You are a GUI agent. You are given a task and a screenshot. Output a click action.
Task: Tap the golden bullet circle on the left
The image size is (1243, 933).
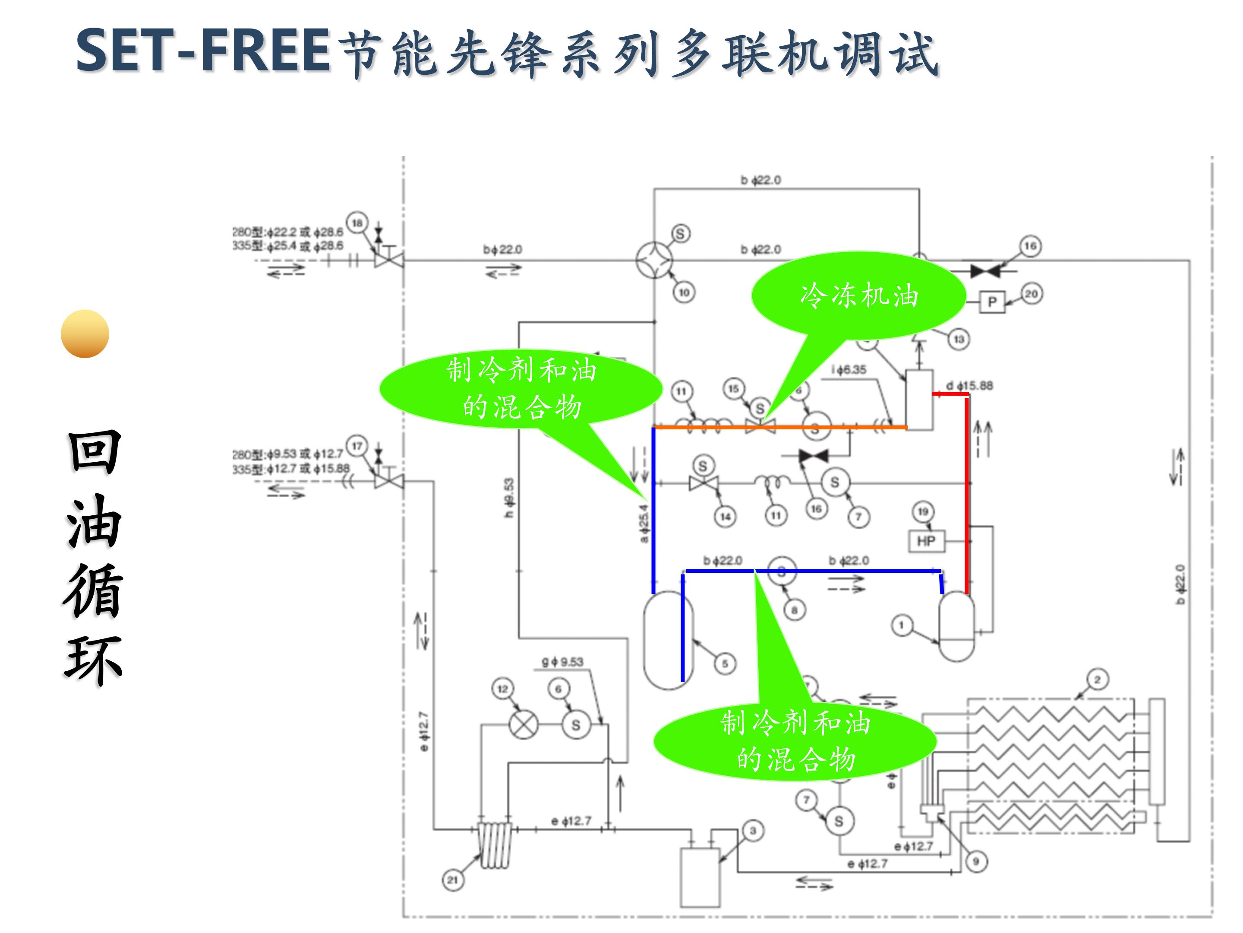pyautogui.click(x=85, y=333)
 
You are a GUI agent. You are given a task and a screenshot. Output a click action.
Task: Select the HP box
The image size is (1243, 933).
pyautogui.click(x=926, y=541)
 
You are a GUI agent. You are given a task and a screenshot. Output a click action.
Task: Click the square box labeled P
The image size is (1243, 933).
pyautogui.click(x=992, y=302)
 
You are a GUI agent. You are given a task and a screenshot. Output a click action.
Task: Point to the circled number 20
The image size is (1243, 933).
pyautogui.click(x=1031, y=294)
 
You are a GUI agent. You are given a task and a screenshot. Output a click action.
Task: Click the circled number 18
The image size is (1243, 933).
pyautogui.click(x=357, y=223)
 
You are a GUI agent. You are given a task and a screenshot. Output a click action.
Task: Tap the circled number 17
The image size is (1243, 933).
pyautogui.click(x=357, y=446)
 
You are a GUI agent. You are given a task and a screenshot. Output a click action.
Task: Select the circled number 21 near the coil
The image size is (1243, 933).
pyautogui.click(x=453, y=880)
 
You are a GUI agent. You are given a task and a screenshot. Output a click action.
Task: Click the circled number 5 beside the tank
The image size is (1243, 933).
pyautogui.click(x=725, y=663)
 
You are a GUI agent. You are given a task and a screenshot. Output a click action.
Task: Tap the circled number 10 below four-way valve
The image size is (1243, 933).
pyautogui.click(x=684, y=292)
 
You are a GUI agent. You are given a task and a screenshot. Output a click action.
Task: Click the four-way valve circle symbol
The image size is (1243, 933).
pyautogui.click(x=655, y=260)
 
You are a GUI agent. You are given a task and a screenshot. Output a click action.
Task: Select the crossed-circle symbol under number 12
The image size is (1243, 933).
pyautogui.click(x=523, y=725)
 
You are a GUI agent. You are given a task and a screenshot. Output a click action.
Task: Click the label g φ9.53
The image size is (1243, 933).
pyautogui.click(x=562, y=662)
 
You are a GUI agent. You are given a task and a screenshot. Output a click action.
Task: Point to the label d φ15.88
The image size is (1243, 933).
pyautogui.click(x=969, y=385)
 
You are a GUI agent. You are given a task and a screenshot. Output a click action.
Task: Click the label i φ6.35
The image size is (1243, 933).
pyautogui.click(x=849, y=369)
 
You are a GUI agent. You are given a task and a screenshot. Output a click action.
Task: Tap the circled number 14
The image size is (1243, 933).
pyautogui.click(x=726, y=516)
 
